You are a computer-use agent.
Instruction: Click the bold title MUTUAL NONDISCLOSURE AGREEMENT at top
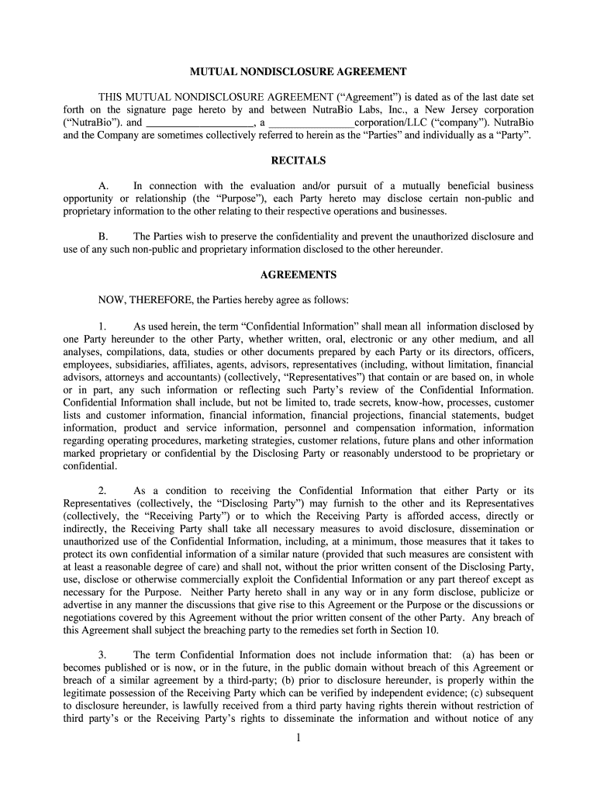(x=298, y=71)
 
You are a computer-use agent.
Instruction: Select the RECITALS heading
(x=298, y=161)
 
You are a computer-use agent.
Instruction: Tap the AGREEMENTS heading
(x=298, y=274)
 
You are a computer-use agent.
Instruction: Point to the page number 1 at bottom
(x=298, y=737)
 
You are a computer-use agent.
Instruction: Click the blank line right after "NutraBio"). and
(x=199, y=123)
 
